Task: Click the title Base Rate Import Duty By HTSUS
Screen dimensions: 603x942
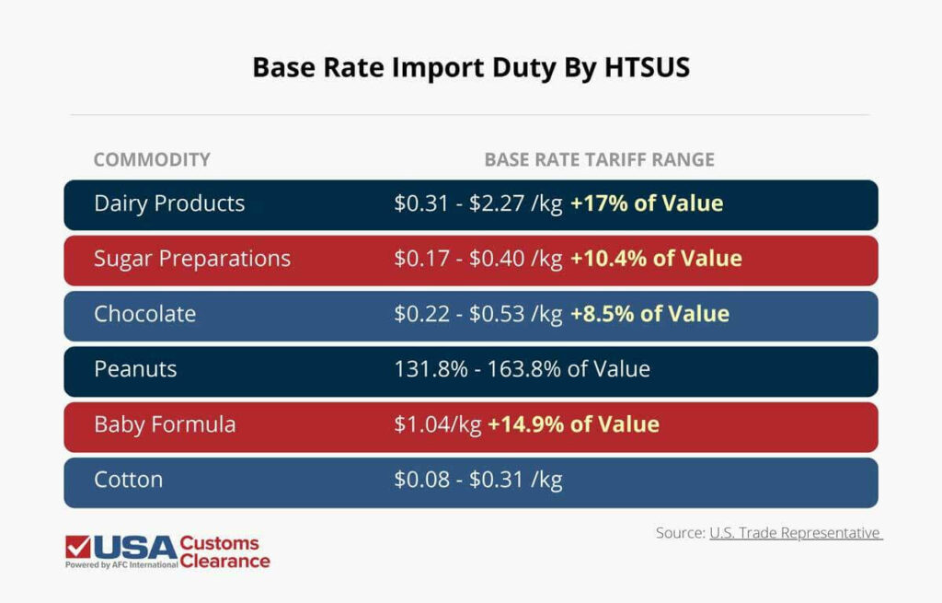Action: pos(471,68)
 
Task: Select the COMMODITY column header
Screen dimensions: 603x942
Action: pos(152,159)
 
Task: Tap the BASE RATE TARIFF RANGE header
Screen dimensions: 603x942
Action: pos(599,159)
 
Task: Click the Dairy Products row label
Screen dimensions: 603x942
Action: pos(169,203)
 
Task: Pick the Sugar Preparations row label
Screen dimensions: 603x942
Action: pos(192,259)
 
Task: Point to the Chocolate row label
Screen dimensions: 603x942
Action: pos(144,314)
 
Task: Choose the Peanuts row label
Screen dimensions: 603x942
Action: pos(135,369)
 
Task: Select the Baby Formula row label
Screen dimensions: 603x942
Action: pos(165,424)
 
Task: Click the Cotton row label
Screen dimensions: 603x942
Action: pos(128,480)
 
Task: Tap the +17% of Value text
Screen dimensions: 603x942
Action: pos(647,203)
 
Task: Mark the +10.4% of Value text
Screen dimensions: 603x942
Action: pos(656,259)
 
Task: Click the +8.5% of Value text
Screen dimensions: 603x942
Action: pos(649,314)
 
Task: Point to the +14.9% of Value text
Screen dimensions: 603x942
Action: pos(573,424)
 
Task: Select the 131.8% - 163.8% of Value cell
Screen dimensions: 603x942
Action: pos(522,369)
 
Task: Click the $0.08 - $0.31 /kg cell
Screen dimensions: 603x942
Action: pos(477,480)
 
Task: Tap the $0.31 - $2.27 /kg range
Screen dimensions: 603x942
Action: pos(477,203)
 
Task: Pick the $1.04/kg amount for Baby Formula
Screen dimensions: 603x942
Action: pos(437,424)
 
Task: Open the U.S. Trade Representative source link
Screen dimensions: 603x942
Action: pos(796,533)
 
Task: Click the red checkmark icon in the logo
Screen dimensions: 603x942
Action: pos(77,547)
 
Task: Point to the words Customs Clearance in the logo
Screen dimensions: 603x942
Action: pos(224,551)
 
